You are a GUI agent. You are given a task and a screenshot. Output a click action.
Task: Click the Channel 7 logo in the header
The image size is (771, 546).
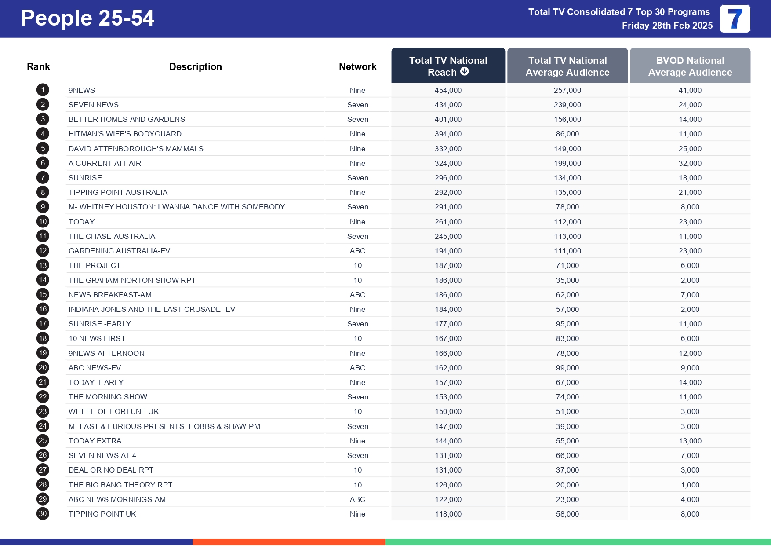tap(735, 19)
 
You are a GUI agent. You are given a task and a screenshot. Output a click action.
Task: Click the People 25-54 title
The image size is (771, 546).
tap(87, 18)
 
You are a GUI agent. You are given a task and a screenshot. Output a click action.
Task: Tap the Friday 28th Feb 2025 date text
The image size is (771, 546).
tap(667, 26)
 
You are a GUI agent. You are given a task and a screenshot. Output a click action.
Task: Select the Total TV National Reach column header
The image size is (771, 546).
tap(448, 66)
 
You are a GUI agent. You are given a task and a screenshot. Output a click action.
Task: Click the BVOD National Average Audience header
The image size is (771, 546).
tap(690, 66)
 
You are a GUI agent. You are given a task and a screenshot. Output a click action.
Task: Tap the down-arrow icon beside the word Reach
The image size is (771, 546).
tap(465, 72)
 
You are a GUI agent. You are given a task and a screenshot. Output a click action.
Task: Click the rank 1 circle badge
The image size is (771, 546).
tap(43, 90)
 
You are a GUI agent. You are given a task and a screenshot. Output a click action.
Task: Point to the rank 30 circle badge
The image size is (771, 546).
tap(43, 514)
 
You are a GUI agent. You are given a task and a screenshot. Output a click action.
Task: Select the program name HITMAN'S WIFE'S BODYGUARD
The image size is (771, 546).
tap(125, 134)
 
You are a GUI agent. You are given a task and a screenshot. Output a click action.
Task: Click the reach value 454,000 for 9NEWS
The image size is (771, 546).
tap(448, 90)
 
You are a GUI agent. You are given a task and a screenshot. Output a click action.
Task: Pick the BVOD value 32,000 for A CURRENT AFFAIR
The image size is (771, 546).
tap(690, 163)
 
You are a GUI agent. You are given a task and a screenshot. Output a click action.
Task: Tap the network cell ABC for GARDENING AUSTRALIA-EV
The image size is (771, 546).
tap(357, 251)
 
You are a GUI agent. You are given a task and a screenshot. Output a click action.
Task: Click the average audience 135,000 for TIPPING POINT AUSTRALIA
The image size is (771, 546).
tap(567, 192)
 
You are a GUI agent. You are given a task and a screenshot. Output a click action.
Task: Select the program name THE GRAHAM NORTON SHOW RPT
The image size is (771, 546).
tap(132, 280)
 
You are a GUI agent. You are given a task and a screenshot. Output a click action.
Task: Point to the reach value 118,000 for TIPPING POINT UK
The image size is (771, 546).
tap(448, 514)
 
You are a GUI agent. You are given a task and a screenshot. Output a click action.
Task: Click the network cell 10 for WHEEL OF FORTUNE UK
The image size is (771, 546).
tap(357, 411)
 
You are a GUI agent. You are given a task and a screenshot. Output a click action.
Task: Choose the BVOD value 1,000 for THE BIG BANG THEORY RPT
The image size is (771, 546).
tap(690, 485)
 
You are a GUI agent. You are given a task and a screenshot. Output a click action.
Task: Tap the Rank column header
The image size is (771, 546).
tap(38, 67)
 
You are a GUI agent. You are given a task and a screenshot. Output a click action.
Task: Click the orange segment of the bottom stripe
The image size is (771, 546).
tap(289, 542)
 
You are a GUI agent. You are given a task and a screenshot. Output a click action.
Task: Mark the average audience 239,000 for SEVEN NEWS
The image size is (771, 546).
tap(567, 105)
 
